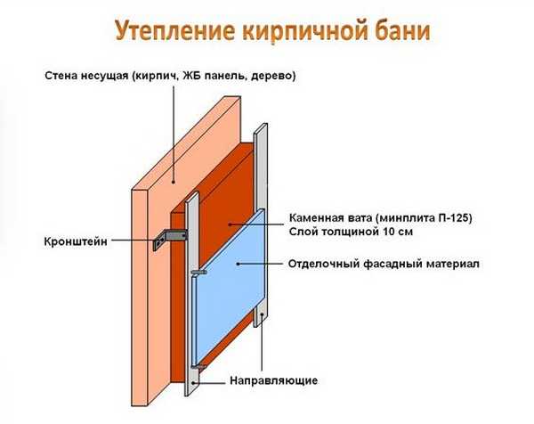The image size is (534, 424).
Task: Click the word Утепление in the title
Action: click(x=174, y=30)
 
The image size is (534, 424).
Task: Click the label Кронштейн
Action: click(x=76, y=241)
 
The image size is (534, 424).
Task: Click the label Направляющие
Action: click(x=273, y=380)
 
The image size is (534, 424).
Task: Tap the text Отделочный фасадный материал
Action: click(x=384, y=265)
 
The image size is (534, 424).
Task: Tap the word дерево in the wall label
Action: click(x=273, y=77)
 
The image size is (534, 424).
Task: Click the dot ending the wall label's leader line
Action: click(x=174, y=182)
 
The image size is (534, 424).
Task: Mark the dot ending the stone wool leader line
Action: click(x=230, y=224)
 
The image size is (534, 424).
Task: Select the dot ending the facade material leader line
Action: click(x=238, y=264)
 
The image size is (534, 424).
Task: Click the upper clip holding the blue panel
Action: click(x=198, y=272)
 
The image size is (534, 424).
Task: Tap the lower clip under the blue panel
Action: click(x=198, y=367)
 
